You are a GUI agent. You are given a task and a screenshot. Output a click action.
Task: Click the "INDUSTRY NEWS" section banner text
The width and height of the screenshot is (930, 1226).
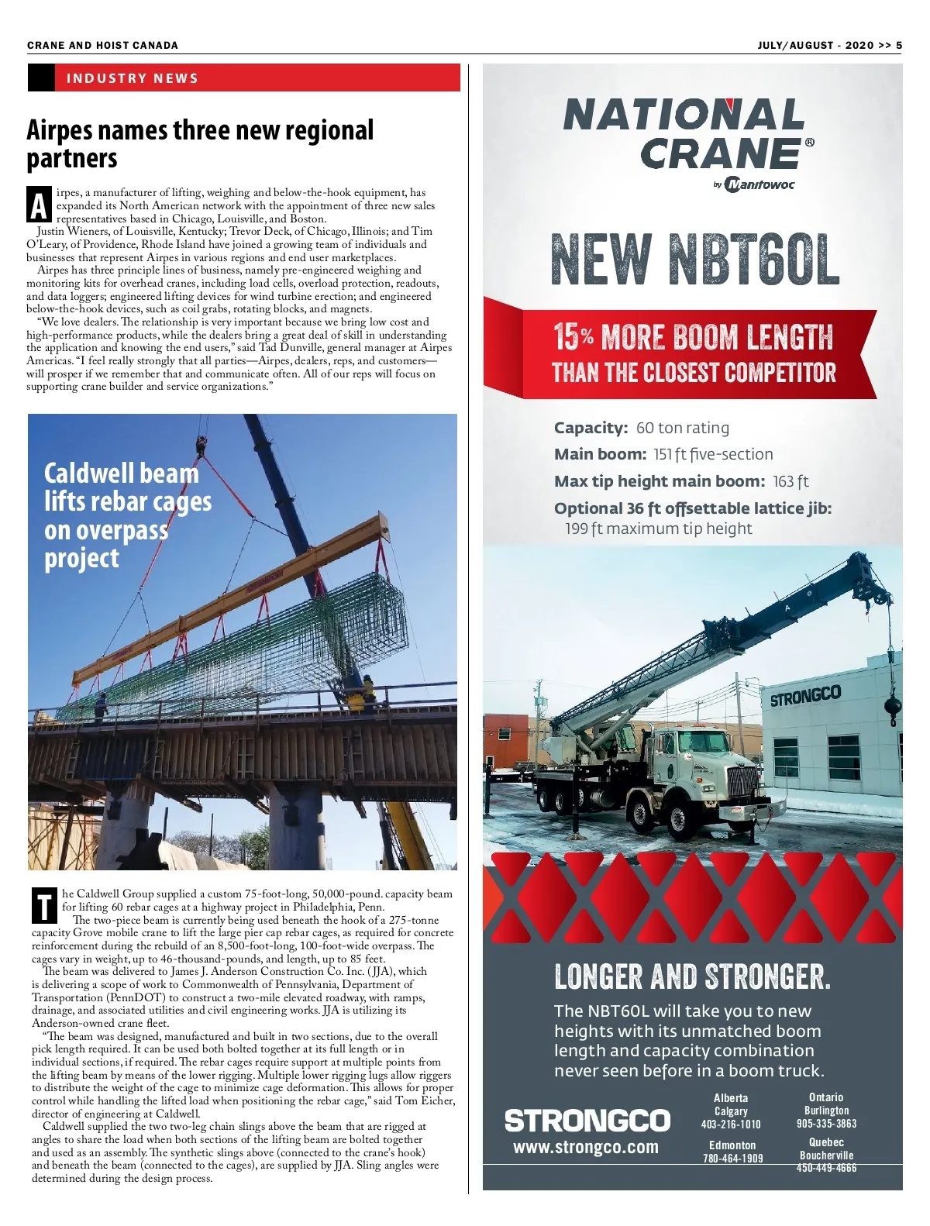tap(133, 78)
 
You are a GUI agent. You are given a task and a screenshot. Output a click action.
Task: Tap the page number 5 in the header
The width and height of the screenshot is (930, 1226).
tap(899, 45)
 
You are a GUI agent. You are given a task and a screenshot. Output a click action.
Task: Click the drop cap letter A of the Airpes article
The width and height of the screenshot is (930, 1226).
tap(40, 206)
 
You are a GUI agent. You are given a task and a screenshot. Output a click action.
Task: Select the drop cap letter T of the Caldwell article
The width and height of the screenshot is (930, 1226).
tap(45, 906)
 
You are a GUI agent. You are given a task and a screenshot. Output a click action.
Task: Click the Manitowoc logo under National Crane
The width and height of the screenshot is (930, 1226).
tap(758, 184)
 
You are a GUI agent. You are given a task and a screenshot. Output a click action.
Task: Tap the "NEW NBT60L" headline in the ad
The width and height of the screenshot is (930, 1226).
tap(694, 260)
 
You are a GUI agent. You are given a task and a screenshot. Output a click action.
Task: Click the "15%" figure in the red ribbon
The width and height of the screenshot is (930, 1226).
tap(573, 337)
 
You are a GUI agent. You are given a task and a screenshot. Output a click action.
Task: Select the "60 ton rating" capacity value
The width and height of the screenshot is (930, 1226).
tap(682, 428)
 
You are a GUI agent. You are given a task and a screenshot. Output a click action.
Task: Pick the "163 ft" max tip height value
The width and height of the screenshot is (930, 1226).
tap(790, 481)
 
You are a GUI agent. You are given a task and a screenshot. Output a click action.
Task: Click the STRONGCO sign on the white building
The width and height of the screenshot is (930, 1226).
tap(805, 695)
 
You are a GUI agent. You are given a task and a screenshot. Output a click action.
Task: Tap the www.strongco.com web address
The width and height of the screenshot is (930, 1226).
tap(586, 1147)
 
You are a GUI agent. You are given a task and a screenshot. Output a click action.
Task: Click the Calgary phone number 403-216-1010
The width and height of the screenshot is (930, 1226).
tap(731, 1124)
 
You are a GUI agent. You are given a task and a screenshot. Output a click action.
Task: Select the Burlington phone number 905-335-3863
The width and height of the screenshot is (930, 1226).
tap(826, 1124)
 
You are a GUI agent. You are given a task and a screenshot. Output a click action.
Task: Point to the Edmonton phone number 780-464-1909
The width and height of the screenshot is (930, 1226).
tap(732, 1159)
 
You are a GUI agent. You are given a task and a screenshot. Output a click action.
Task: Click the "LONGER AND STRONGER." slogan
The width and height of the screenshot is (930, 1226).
tap(692, 977)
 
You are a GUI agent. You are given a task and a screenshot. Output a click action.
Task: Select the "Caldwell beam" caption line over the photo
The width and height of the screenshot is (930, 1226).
tap(121, 473)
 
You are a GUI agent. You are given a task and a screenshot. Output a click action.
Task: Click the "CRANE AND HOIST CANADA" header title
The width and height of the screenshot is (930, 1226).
tap(102, 45)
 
